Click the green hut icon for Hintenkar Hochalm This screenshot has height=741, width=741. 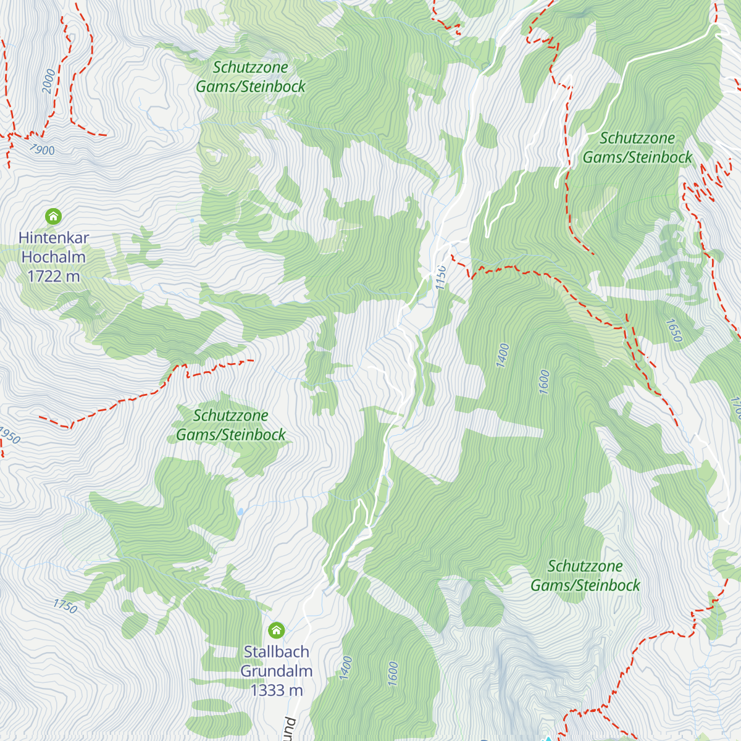(x=54, y=216)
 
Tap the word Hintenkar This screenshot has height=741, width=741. (x=54, y=238)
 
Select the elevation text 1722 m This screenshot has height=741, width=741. (x=54, y=276)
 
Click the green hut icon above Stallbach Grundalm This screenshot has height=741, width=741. (x=276, y=630)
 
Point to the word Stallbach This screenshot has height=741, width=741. (x=276, y=651)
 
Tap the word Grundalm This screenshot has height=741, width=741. (x=276, y=671)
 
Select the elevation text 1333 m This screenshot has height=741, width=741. (x=276, y=690)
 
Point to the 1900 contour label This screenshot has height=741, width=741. (x=42, y=149)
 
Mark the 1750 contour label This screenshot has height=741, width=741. (x=65, y=606)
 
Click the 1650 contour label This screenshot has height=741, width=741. (x=674, y=330)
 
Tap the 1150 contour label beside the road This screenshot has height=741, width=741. (x=440, y=277)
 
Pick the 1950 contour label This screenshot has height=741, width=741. (x=9, y=435)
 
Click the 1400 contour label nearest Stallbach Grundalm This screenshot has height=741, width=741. (x=346, y=668)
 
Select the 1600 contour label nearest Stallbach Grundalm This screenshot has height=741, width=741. (x=393, y=674)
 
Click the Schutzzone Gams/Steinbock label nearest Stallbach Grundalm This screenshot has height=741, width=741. (x=231, y=425)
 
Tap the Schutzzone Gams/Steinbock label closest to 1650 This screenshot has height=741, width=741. (x=637, y=148)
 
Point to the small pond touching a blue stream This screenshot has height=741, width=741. (x=240, y=512)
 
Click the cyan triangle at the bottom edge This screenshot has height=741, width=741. (x=547, y=738)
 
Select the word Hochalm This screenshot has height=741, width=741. (x=54, y=257)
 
